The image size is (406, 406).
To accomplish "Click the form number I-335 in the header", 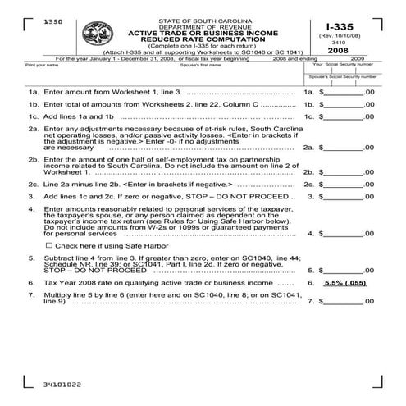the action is pyautogui.click(x=335, y=26).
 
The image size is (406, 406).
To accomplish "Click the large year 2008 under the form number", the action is pyautogui.click(x=335, y=50).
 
